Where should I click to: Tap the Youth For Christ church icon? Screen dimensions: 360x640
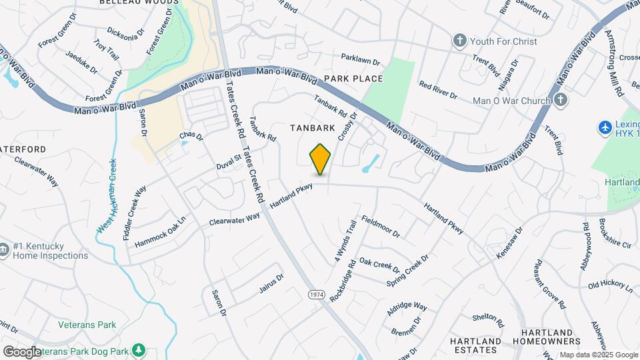point(459,41)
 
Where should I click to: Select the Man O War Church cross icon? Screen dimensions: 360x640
point(561,101)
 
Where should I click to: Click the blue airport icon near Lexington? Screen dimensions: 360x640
point(605,127)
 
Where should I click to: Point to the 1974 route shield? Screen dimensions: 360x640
point(317,294)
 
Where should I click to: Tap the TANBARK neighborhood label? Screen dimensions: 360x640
point(311,127)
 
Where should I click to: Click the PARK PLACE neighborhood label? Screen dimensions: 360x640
point(353,79)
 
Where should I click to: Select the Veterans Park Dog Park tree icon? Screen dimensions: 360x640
point(139,349)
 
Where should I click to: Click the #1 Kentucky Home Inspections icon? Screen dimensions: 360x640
point(5,251)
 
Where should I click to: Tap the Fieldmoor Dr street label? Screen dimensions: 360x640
point(380,227)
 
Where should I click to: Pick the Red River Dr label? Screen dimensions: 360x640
point(438,90)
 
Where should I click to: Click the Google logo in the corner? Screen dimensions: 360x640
point(22,351)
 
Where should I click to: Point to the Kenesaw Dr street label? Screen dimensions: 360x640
point(510,243)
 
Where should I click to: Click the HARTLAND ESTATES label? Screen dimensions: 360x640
point(475,345)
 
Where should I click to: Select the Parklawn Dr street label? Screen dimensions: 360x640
point(360,60)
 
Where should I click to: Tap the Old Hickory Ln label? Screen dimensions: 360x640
point(610,287)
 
